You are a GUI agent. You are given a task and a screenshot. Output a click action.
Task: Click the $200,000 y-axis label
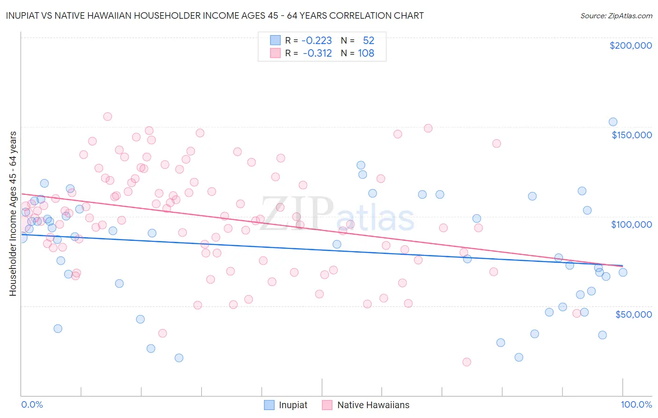tap(630, 45)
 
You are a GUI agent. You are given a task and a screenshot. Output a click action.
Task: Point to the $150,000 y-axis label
tap(631, 135)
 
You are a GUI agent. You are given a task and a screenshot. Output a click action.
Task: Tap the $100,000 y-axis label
tap(631, 224)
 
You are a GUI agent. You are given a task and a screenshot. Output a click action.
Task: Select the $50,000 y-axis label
tap(633, 314)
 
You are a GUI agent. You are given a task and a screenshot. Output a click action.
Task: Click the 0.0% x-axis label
tap(32, 404)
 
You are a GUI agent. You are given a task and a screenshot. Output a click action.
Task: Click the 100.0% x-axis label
tap(636, 404)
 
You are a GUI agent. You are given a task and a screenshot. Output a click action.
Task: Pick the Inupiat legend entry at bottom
tap(286, 405)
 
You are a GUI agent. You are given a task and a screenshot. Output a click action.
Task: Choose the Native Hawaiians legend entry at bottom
tap(366, 405)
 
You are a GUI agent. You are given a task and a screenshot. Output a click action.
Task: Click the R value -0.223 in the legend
tap(316, 41)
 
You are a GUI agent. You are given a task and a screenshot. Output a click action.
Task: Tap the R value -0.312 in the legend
tap(317, 53)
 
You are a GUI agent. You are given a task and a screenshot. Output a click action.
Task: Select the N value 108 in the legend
tap(366, 53)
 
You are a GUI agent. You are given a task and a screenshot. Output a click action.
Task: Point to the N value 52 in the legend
tap(368, 41)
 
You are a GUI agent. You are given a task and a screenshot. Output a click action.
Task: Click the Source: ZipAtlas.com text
tap(616, 16)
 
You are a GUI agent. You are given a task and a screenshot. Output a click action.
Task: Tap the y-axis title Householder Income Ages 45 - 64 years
tap(13, 214)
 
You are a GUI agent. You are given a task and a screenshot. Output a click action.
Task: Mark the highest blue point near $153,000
tap(613, 122)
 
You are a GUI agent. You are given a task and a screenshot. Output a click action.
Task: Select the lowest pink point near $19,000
tap(467, 362)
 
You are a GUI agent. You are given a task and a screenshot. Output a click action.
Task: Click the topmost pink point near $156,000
tap(108, 117)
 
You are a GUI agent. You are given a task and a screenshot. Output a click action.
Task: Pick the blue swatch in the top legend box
tap(275, 40)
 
